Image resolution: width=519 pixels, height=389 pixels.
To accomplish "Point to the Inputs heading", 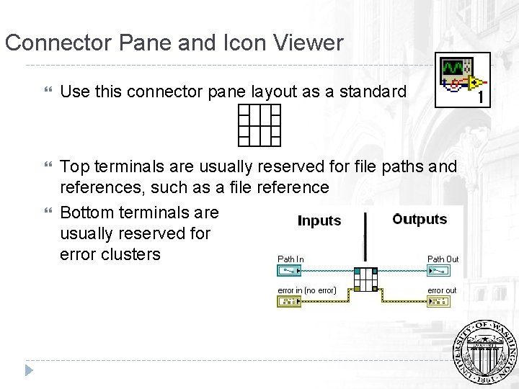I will (x=319, y=220).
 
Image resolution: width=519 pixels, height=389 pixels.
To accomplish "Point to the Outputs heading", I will (x=420, y=219).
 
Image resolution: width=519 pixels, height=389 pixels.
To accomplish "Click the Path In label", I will (x=290, y=259).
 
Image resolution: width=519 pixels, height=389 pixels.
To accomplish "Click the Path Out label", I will (x=443, y=259).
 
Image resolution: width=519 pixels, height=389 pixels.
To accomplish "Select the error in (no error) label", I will (x=307, y=290).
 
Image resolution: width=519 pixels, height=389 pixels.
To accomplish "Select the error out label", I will (x=442, y=290).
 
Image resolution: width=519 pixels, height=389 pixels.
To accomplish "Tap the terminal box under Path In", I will (x=291, y=272).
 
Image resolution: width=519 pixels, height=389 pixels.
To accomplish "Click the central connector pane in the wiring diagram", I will (x=366, y=280).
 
